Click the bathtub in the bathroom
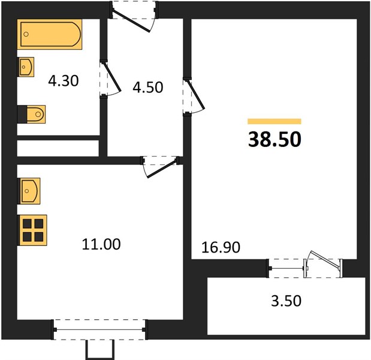pos(50,34)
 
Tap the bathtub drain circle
pos(26,34)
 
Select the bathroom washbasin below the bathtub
pos(26,67)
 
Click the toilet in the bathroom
pos(32,115)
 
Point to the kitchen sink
pos(29,191)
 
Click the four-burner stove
pos(32,230)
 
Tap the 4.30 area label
pos(64,81)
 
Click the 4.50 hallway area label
pos(148,87)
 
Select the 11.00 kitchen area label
pos(101,244)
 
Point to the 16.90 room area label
pos(221,247)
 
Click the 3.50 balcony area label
pos(286,301)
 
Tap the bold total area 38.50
pos(275,139)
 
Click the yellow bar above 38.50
pos(275,121)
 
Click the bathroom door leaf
pos(111,77)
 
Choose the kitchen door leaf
pos(162,169)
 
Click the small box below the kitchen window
pos(100,350)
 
